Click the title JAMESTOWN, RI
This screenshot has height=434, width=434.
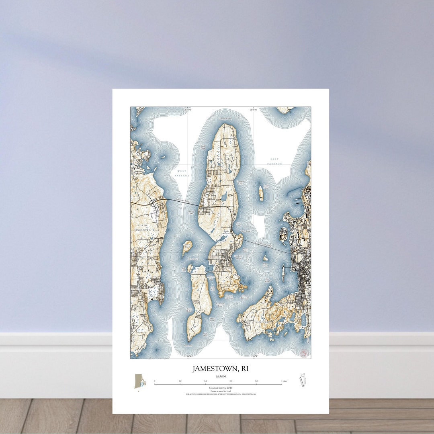click(x=220, y=368)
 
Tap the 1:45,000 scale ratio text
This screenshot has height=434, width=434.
click(x=220, y=377)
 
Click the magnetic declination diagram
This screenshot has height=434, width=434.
click(x=303, y=380)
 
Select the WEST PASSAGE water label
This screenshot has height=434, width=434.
click(x=182, y=173)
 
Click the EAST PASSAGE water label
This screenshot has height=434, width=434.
click(x=275, y=161)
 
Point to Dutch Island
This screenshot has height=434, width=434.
click(x=187, y=247)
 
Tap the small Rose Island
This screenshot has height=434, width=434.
click(x=265, y=258)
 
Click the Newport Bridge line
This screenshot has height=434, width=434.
click(x=265, y=246)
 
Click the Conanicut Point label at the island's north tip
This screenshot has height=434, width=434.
click(x=225, y=119)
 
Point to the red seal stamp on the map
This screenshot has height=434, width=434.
click(x=304, y=352)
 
